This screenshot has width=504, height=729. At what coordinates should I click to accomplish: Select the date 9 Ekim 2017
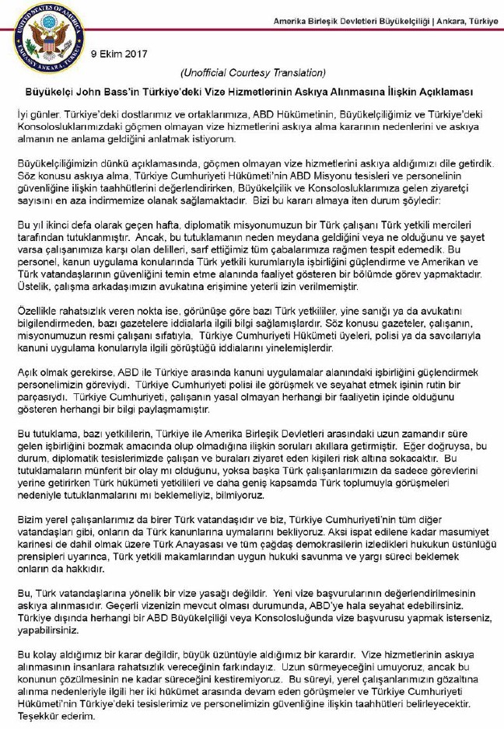(118, 54)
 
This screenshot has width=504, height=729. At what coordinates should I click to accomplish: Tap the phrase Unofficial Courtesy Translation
(253, 73)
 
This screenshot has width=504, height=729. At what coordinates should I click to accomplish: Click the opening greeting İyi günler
(40, 113)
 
